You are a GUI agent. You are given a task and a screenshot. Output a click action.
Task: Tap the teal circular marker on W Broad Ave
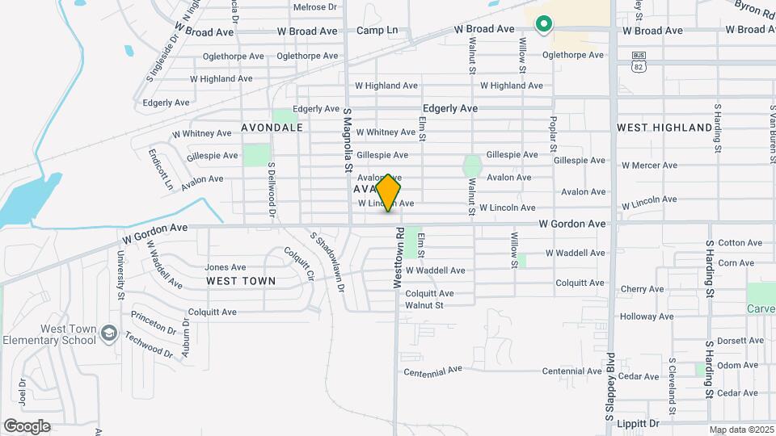[x=544, y=25]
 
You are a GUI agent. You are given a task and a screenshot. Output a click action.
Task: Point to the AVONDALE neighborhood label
[x=272, y=128]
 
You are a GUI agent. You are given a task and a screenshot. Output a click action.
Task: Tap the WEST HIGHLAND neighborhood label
[x=664, y=128]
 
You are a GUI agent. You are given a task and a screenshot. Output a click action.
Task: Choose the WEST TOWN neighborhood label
[x=240, y=281]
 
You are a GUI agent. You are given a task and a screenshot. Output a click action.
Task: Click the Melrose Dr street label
[x=314, y=7]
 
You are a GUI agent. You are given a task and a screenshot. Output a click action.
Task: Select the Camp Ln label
[x=377, y=31]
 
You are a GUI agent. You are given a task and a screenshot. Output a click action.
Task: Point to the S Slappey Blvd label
[x=610, y=388]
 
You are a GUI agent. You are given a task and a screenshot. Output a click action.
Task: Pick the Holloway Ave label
[x=647, y=317]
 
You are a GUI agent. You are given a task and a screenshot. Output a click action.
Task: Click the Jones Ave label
[x=226, y=267]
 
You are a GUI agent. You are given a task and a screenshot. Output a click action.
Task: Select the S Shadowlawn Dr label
[x=327, y=261]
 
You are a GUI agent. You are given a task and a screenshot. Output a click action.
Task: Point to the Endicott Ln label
[x=161, y=168]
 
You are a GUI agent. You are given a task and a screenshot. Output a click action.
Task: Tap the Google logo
[x=27, y=426]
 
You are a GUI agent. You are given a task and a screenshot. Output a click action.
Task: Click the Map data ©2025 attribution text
[x=740, y=430]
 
